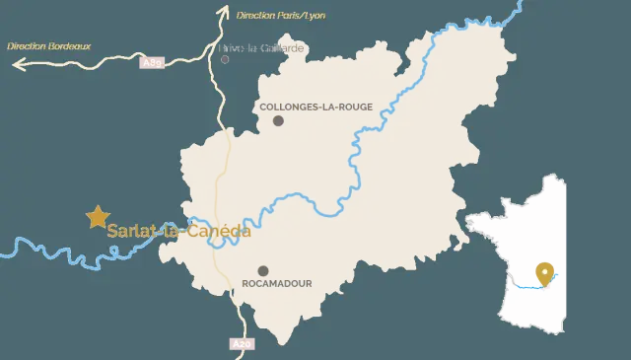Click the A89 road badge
pos(152,62)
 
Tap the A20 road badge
pos(242,344)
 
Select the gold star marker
pos(97,217)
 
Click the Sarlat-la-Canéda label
pos(178,232)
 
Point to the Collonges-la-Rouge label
pos(315,107)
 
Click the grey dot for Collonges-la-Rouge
pos(278,120)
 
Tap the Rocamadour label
pos(277,283)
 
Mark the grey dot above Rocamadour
pos(263,270)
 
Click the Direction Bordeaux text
pos(48,45)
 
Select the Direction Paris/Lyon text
pos(281,16)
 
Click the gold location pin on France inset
pos(542,273)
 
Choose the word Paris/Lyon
pos(303,16)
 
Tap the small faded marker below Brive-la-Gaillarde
pos(225,59)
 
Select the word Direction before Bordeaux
pos(26,45)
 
